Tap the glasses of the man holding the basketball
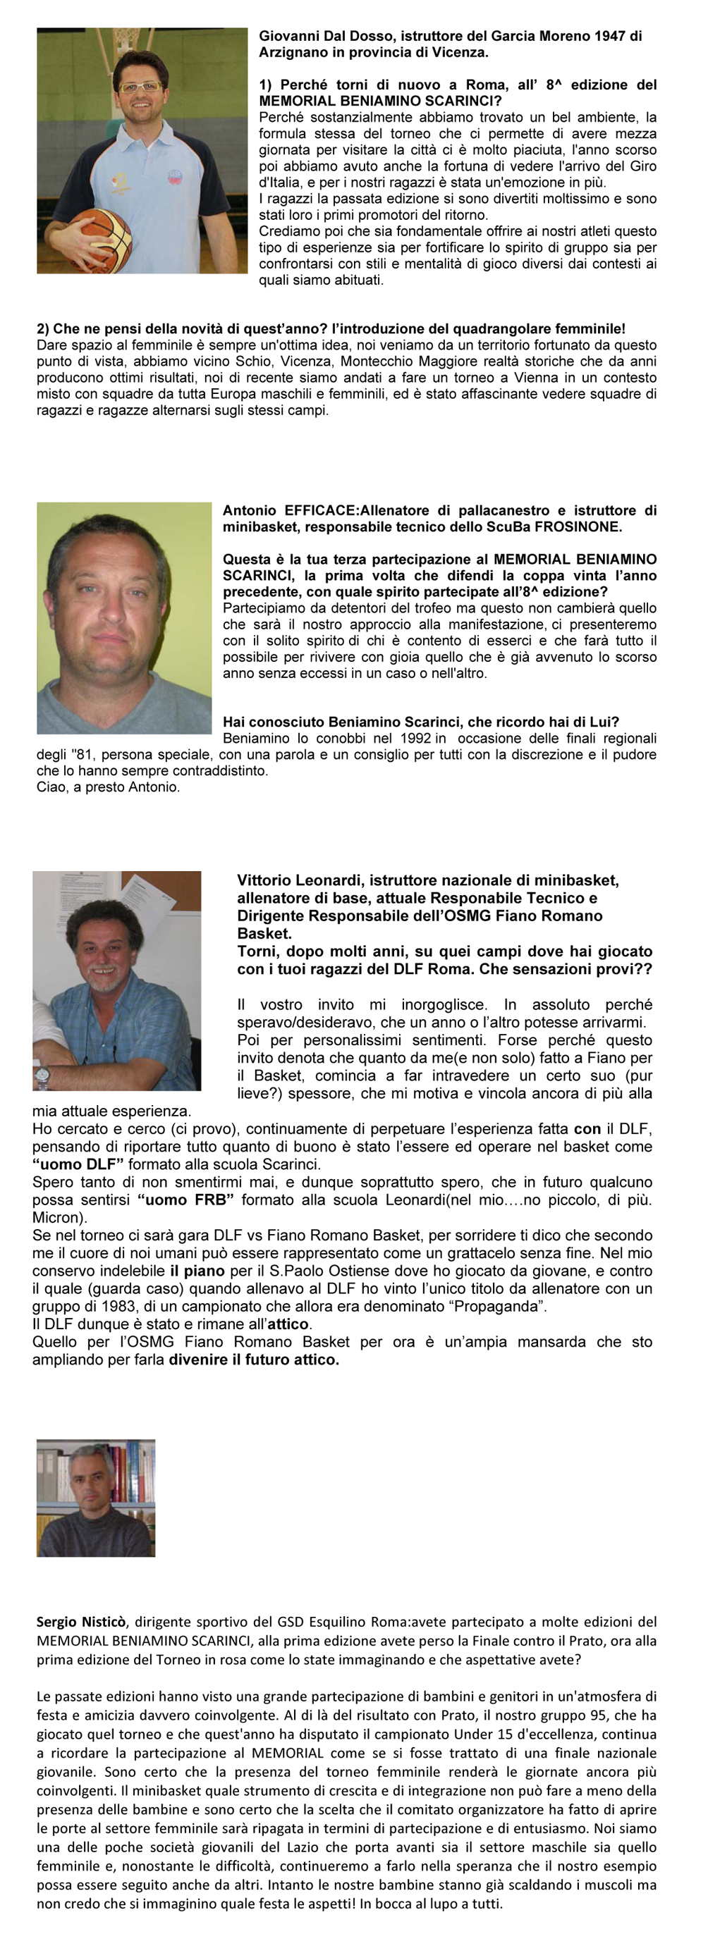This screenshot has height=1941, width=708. (141, 87)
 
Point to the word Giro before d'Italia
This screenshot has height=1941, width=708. (642, 166)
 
